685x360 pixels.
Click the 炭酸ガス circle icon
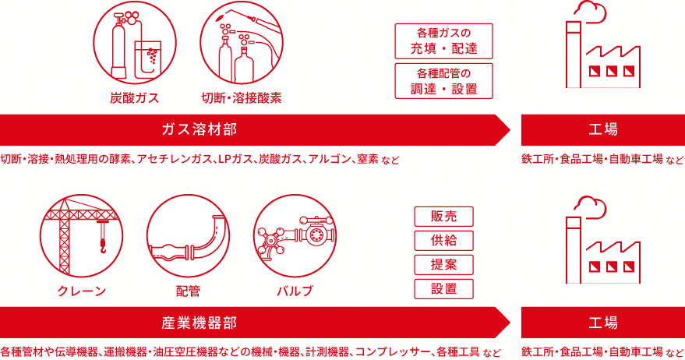(135, 42)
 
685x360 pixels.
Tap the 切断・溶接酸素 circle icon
(242, 42)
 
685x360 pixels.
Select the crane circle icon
(81, 236)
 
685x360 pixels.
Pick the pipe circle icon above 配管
(189, 236)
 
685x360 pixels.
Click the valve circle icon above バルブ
(295, 236)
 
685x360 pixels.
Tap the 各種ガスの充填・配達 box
(444, 41)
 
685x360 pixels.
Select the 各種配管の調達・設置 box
(444, 81)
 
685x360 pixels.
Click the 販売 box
(444, 217)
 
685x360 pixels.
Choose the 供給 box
(444, 240)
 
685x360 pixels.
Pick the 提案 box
(444, 265)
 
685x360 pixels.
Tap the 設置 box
(444, 289)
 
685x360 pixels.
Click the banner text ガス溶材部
(199, 130)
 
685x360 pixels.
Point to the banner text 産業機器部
(199, 323)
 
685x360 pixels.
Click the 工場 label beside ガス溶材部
(603, 130)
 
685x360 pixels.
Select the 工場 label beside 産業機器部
(603, 323)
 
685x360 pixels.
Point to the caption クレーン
(82, 291)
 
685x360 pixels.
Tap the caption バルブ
(295, 291)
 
